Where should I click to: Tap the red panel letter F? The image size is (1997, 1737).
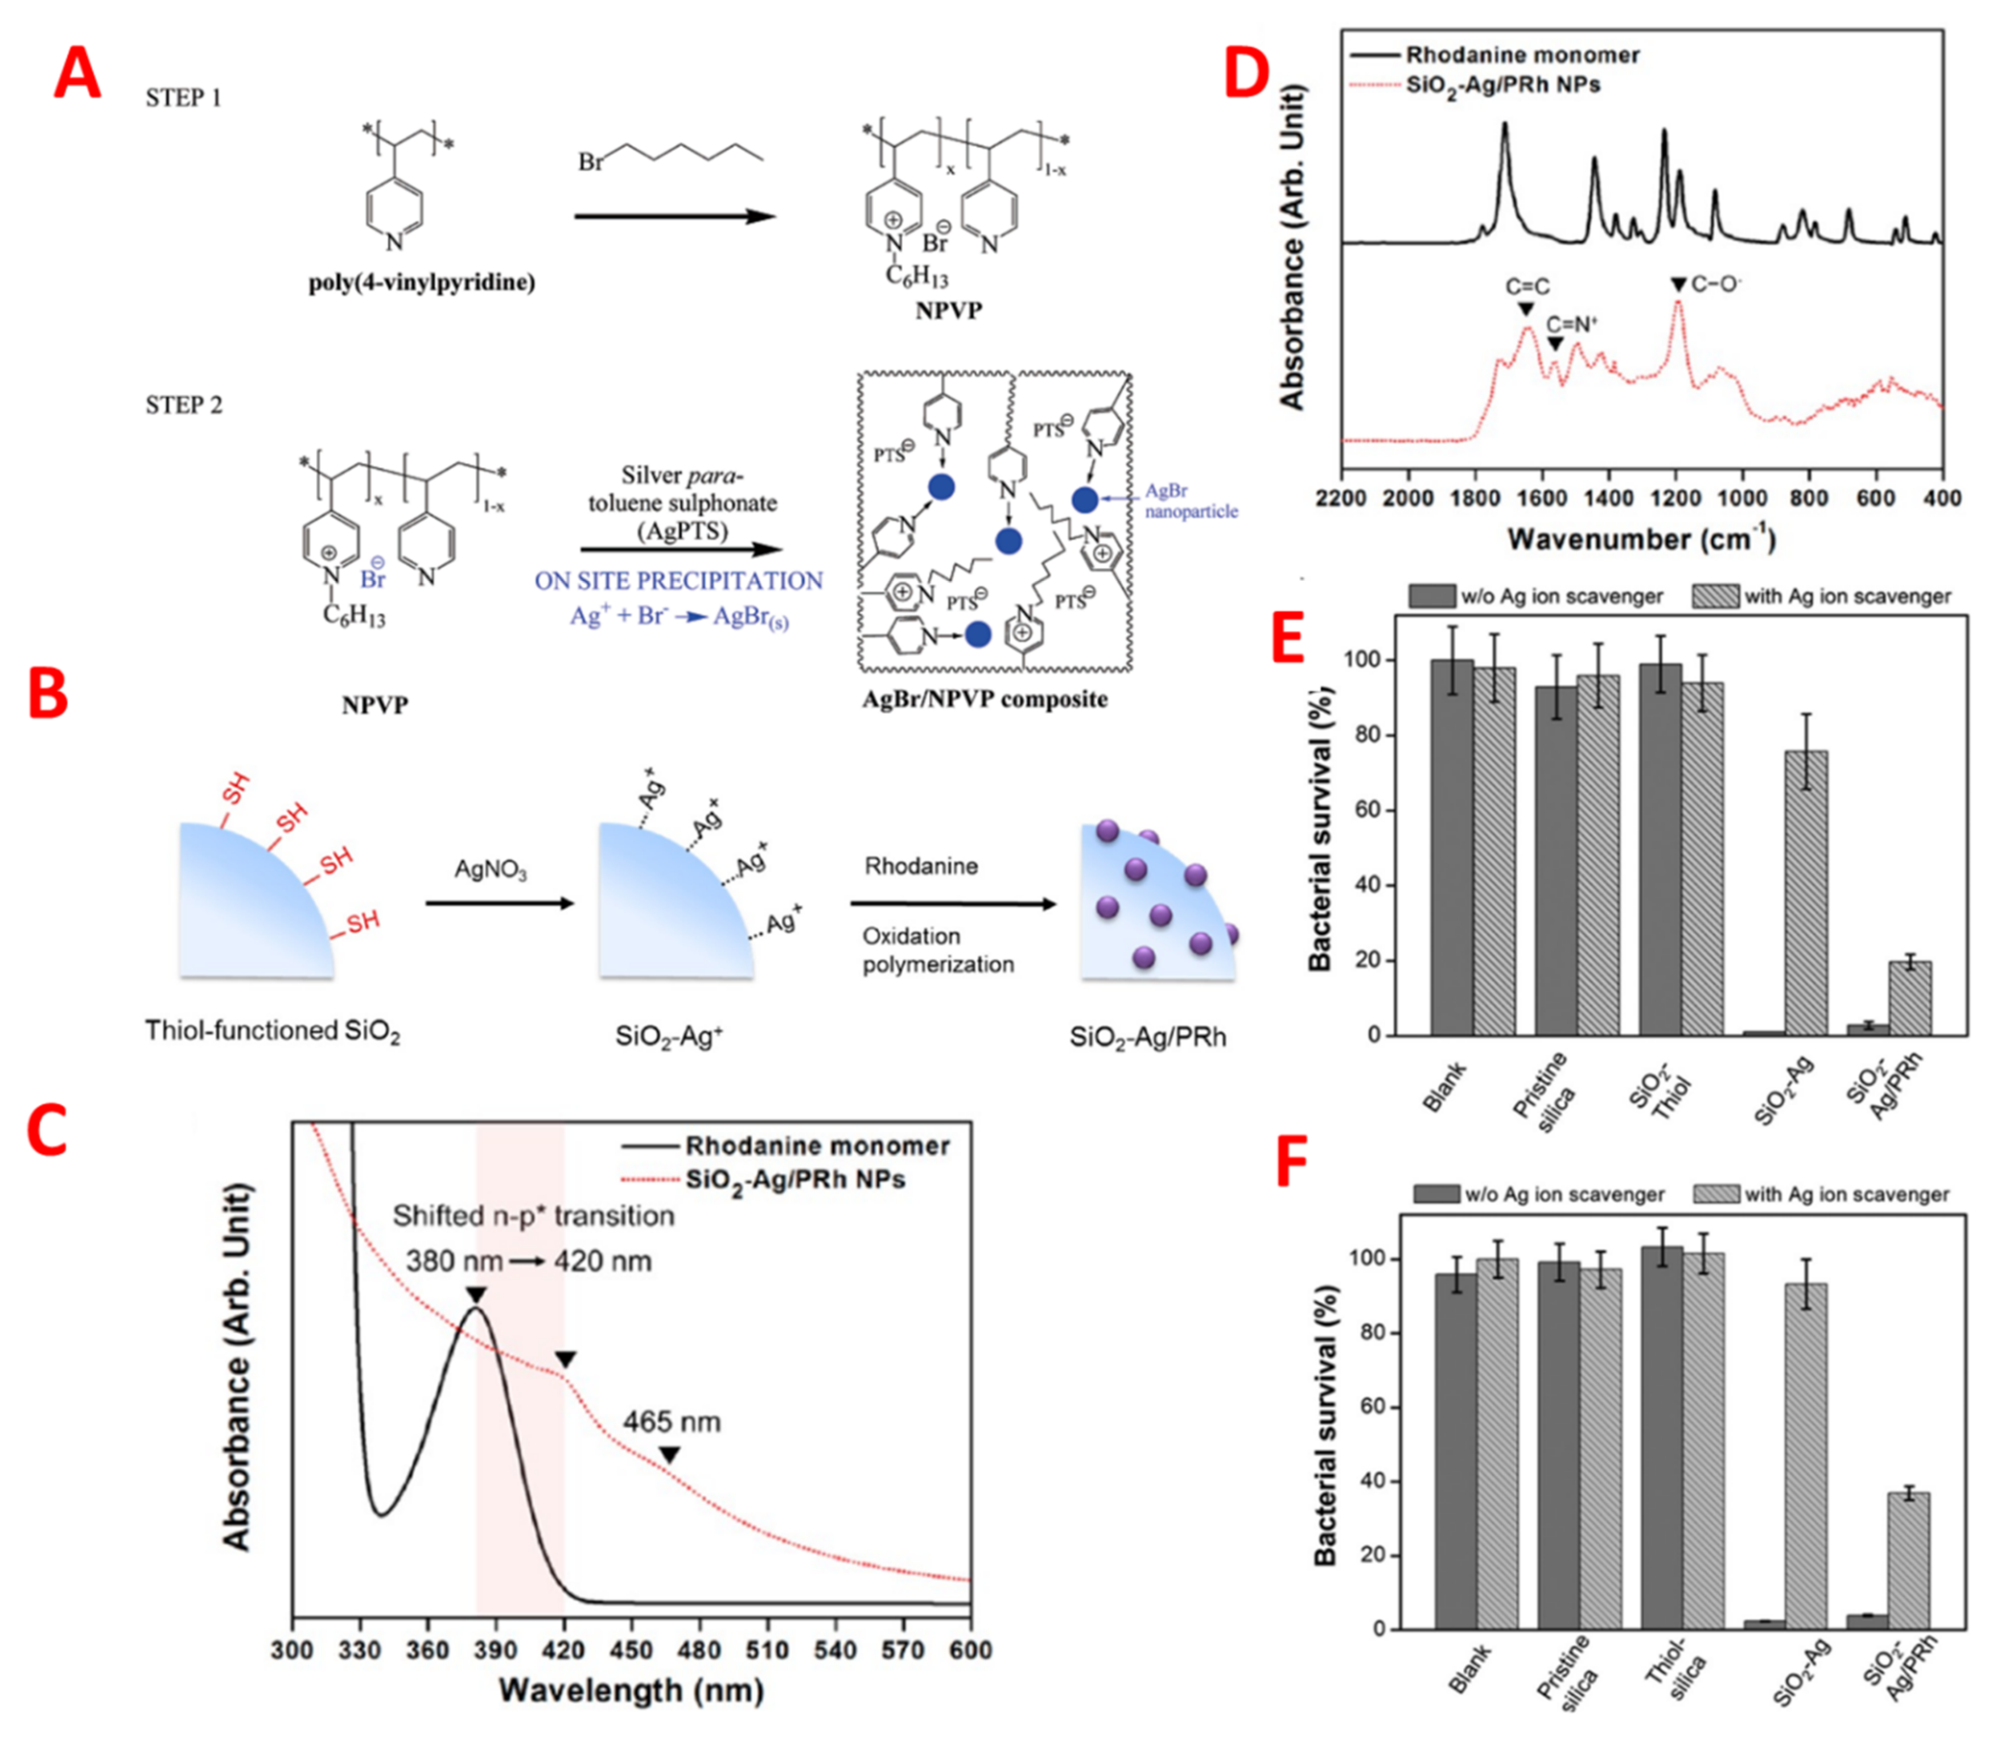tap(1292, 1162)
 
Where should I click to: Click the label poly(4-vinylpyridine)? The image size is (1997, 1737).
tap(422, 282)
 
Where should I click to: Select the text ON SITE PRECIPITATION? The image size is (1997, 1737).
tap(678, 581)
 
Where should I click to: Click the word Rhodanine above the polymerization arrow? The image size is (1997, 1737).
tap(921, 865)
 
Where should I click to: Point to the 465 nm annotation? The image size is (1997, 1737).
tap(672, 1422)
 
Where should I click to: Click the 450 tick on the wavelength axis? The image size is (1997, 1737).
tap(632, 1650)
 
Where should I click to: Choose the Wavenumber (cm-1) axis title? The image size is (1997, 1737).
tap(1641, 539)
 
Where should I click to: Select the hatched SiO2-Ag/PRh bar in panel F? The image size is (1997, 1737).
tap(1908, 1561)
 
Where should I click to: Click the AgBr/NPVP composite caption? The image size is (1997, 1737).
tap(985, 699)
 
